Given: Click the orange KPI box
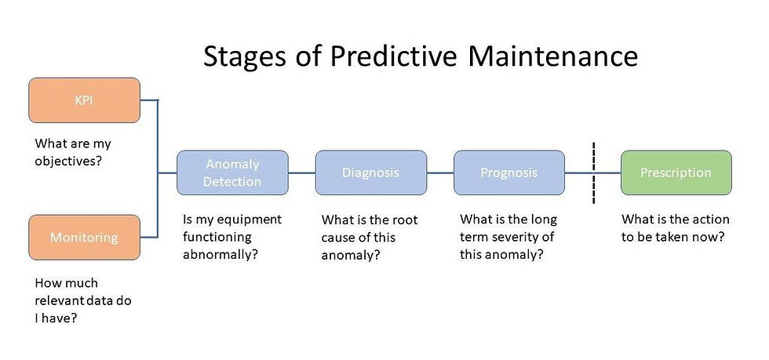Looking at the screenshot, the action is point(85,100).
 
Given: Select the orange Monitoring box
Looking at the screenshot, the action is point(85,238).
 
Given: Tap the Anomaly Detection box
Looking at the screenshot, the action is point(232,173).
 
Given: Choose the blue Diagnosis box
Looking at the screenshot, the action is point(370,173).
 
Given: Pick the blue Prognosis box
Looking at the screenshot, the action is point(509,173).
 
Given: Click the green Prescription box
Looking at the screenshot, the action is point(676,173).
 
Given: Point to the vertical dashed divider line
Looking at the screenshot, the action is point(593,173).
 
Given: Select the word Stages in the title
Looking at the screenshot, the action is point(244,58).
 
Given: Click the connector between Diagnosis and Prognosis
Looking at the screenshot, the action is point(440,173).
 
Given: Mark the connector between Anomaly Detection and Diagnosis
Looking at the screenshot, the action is point(301,173).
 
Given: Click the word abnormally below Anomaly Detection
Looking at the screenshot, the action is point(220,256).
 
